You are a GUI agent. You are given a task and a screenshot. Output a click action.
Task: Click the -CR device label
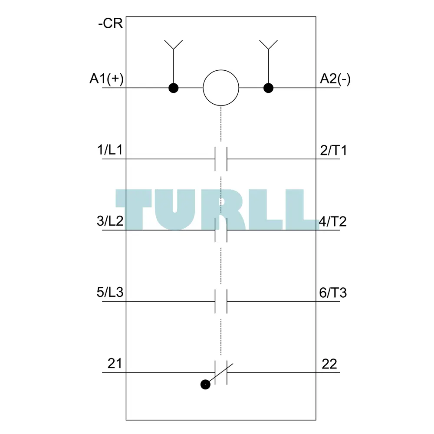click(110, 23)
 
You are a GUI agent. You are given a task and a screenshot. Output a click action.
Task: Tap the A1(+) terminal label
click(106, 79)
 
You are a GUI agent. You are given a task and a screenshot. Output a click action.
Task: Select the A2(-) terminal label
click(335, 79)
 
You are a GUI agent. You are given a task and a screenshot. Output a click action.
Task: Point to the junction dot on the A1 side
click(174, 88)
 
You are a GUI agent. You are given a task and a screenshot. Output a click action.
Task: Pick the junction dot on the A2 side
click(268, 88)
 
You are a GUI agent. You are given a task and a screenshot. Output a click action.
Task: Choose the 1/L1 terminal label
click(110, 150)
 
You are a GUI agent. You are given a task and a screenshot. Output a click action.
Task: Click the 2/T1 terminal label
click(333, 150)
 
